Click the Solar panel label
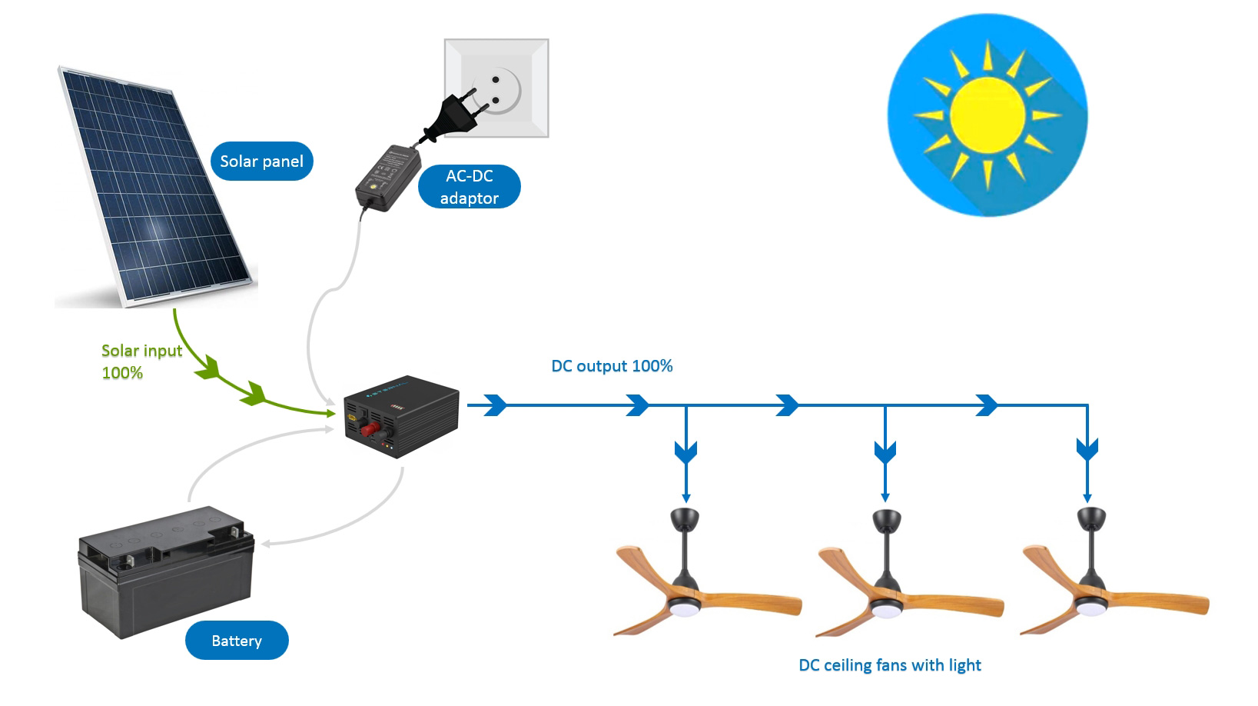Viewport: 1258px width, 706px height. click(261, 162)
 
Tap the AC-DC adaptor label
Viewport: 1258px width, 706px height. click(470, 187)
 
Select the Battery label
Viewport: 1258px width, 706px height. click(237, 641)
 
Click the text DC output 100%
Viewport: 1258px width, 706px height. click(612, 366)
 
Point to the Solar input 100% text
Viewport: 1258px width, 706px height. click(141, 361)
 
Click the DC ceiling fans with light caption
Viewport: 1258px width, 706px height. click(890, 665)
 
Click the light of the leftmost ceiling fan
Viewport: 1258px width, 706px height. click(682, 608)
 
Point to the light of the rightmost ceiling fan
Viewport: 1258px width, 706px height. click(1087, 608)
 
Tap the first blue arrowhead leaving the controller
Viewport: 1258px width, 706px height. click(496, 405)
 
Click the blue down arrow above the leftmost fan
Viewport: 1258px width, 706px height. click(685, 451)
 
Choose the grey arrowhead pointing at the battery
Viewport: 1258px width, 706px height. click(266, 544)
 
